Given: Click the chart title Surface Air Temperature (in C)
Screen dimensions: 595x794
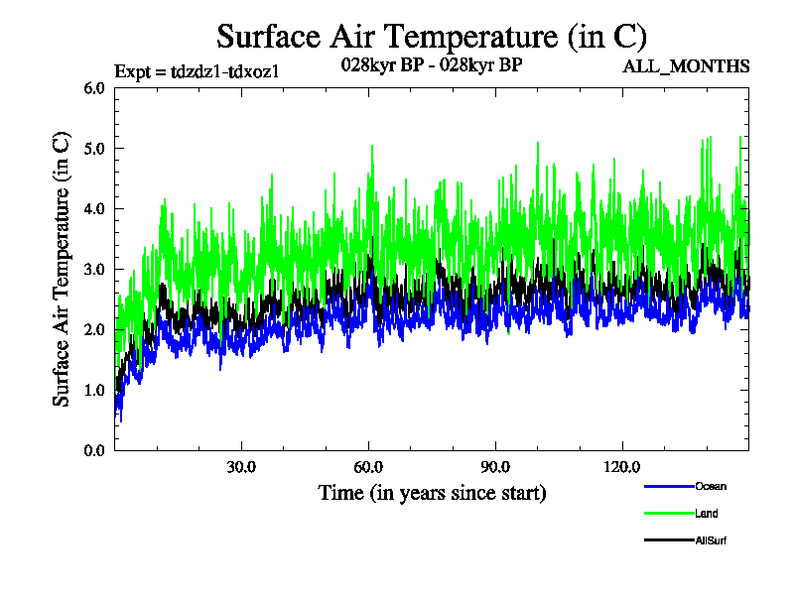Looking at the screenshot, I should [432, 37].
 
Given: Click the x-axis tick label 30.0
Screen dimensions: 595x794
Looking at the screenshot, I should [241, 467].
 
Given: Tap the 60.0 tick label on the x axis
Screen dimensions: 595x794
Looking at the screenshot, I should [368, 467].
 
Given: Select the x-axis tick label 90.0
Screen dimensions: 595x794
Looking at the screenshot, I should [495, 467].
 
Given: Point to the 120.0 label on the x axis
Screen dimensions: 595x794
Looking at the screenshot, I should [622, 467].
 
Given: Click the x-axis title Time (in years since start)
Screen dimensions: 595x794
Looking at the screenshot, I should [432, 492].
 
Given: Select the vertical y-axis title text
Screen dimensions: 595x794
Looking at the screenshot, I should [62, 269].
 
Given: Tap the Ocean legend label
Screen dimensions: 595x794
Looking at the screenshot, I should [710, 487].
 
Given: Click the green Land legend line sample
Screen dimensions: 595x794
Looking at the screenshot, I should [667, 514].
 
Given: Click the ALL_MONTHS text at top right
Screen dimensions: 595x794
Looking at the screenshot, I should [686, 67].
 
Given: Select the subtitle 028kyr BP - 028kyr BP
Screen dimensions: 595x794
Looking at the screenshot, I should [432, 65].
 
